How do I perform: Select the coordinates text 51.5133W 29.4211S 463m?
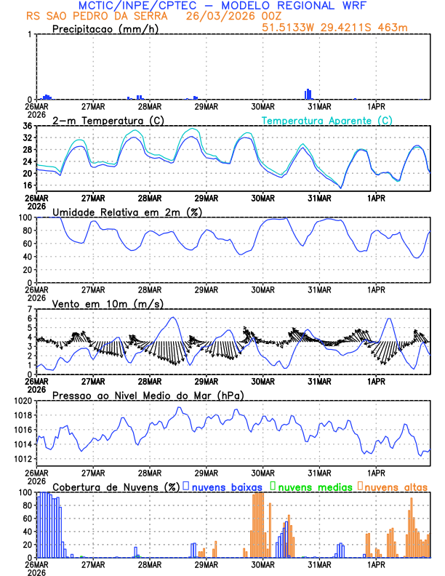click(x=335, y=28)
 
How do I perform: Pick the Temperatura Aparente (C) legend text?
click(x=327, y=120)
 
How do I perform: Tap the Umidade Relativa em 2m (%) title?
click(x=127, y=212)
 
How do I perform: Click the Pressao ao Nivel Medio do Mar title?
click(x=148, y=395)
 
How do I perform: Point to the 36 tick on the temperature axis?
click(x=27, y=127)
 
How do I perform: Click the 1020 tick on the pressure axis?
click(x=23, y=401)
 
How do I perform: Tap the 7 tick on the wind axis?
click(x=31, y=310)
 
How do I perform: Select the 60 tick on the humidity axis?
click(x=27, y=244)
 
